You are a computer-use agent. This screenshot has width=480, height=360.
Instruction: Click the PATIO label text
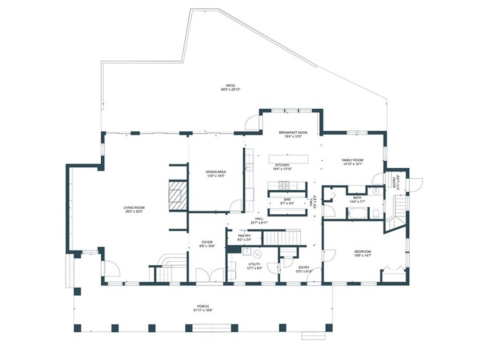(x=227, y=85)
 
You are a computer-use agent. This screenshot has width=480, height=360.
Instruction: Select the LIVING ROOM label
(x=134, y=208)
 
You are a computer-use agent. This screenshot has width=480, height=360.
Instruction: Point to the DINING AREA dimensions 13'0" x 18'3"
(x=216, y=176)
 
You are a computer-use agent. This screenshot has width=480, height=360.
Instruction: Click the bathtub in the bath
(x=358, y=213)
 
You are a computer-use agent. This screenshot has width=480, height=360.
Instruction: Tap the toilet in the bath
(x=376, y=214)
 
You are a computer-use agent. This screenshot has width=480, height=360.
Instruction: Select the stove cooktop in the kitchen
(x=284, y=185)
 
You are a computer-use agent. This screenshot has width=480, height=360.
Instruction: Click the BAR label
(x=287, y=199)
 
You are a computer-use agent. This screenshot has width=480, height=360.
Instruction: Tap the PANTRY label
(x=244, y=236)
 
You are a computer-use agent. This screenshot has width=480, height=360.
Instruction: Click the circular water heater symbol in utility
(x=257, y=255)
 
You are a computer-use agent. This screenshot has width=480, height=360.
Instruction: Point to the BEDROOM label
(x=362, y=252)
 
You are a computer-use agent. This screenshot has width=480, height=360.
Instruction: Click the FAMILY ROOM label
(x=352, y=160)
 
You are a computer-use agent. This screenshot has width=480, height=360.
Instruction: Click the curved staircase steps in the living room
(x=169, y=260)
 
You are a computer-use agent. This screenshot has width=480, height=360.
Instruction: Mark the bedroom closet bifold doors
(x=393, y=270)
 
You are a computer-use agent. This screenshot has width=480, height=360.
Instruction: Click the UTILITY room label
(x=255, y=264)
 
